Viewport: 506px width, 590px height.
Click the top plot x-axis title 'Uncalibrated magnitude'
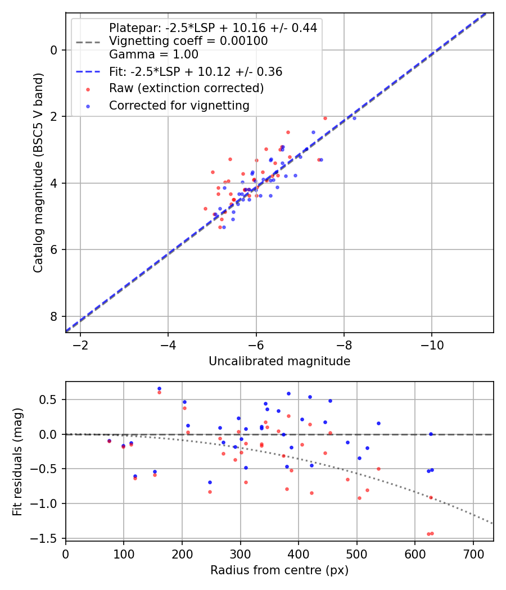click(279, 361)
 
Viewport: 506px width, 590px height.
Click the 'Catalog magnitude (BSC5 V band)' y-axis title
click(38, 173)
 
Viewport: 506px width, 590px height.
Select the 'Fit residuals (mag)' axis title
click(18, 460)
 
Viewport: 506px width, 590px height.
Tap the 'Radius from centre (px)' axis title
click(279, 570)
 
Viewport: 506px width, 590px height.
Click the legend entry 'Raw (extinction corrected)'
click(186, 88)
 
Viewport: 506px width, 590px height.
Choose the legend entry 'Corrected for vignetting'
click(179, 105)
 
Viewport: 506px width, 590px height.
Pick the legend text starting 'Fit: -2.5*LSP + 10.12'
click(195, 72)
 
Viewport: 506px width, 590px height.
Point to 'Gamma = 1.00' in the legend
click(153, 55)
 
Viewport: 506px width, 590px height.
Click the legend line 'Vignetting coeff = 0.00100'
click(188, 41)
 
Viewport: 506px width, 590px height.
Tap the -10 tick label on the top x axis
click(431, 344)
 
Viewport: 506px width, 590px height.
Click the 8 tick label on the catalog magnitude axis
click(54, 316)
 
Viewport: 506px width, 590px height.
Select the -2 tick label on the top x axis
click(80, 344)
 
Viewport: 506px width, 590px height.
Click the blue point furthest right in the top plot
click(354, 118)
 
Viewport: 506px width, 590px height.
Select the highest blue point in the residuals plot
click(159, 388)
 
